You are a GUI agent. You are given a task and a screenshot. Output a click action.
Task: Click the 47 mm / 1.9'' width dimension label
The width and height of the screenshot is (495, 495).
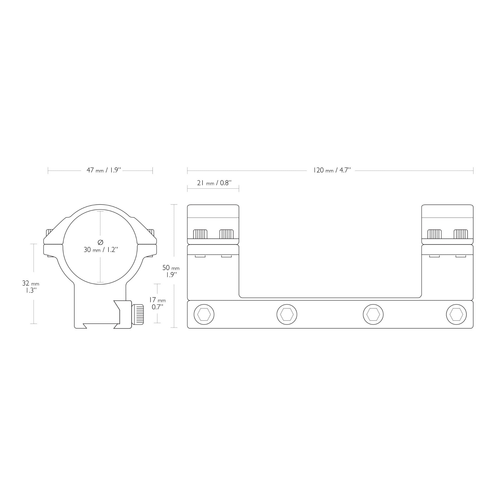pos(104,170)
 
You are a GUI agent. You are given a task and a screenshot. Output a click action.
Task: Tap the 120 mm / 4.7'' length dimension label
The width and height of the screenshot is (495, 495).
pos(332,170)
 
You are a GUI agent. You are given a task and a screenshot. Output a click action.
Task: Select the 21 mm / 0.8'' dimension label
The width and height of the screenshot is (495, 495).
pos(214,183)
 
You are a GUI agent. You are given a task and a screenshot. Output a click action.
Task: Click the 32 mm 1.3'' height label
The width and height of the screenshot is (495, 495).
pos(30,287)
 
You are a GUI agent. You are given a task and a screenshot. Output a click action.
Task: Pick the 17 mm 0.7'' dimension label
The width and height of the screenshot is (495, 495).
pos(157,303)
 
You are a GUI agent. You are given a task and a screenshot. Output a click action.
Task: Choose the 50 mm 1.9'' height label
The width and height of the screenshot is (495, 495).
pos(171,271)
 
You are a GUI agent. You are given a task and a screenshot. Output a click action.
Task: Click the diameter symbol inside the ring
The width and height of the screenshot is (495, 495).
pos(101,242)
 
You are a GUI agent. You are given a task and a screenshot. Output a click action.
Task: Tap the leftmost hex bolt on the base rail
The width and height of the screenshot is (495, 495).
pos(204,314)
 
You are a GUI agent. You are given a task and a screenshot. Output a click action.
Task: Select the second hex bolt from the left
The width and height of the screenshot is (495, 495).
pos(287,314)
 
